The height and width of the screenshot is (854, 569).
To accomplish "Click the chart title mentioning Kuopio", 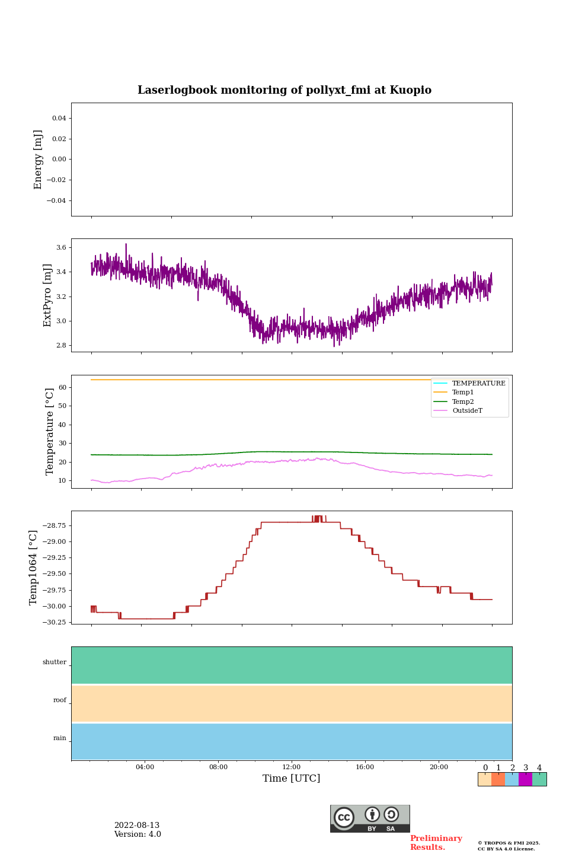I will tap(284, 90).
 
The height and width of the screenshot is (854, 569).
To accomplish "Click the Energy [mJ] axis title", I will tap(39, 160).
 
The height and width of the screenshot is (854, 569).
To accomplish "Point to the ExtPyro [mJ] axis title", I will tap(48, 295).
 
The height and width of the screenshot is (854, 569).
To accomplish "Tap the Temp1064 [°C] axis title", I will tap(34, 568).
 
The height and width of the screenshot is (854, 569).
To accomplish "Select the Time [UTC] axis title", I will tap(292, 778).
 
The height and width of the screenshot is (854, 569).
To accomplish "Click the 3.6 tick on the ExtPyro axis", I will tap(61, 248).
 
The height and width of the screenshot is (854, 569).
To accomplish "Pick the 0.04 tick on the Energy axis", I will tap(59, 119).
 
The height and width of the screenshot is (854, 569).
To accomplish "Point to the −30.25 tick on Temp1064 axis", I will tap(54, 622).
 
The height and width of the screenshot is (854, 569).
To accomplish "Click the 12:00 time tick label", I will tap(292, 767).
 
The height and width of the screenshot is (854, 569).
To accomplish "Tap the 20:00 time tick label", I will tap(439, 767).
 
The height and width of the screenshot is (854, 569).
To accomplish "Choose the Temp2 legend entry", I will tap(463, 401).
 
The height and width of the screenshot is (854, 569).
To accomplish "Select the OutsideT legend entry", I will tap(467, 410).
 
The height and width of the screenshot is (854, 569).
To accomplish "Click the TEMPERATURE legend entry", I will tap(478, 383).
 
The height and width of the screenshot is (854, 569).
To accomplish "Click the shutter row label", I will tap(55, 662).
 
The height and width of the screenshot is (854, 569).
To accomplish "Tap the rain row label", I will tap(60, 738).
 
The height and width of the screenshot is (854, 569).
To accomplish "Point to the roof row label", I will tap(60, 700).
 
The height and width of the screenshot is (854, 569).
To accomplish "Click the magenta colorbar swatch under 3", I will tap(525, 779).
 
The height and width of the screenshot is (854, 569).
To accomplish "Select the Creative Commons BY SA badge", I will tap(370, 818).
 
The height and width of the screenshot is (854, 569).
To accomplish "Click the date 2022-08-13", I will tap(137, 826).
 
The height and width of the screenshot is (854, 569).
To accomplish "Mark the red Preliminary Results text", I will tap(436, 843).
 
